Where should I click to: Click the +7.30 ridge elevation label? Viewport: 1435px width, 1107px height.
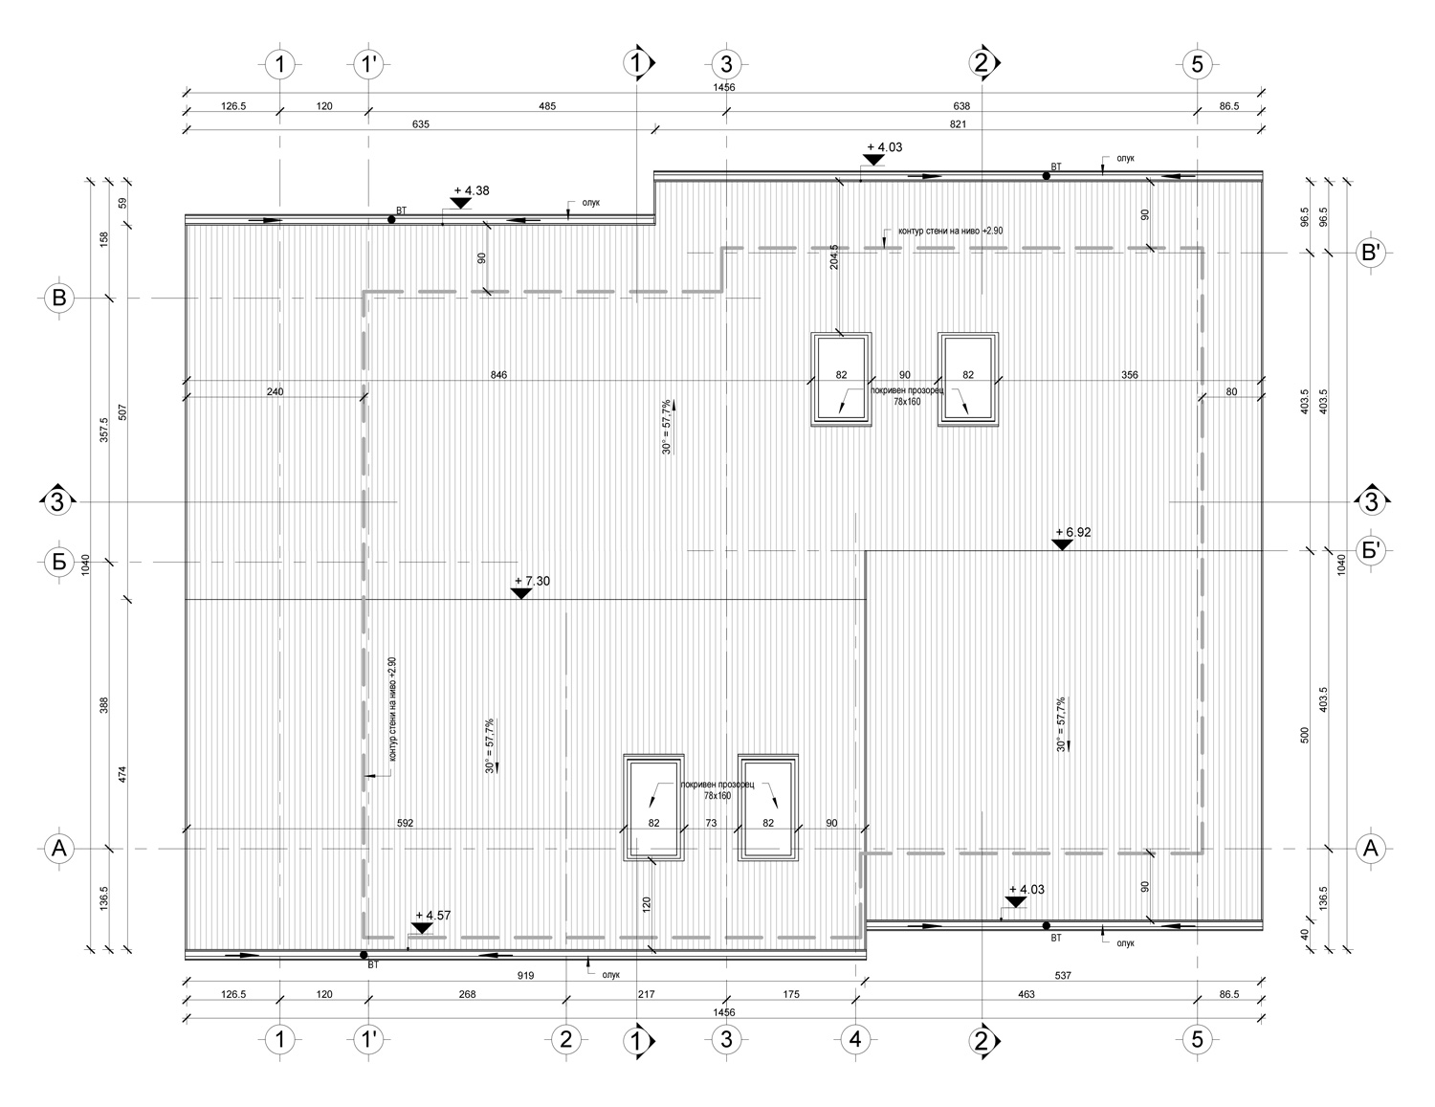(532, 581)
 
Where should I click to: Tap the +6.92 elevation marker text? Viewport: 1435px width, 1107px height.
(1073, 532)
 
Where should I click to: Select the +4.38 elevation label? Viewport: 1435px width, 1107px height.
(472, 191)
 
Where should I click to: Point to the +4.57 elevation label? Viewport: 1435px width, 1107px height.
(433, 916)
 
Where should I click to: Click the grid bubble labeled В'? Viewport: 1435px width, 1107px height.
(1370, 253)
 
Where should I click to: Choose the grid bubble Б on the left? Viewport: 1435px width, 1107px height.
(58, 562)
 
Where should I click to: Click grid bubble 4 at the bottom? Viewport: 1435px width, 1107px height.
(855, 1040)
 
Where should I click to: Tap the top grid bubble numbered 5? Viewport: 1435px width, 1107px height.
(1197, 65)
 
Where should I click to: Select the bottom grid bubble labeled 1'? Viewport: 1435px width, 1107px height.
(368, 1040)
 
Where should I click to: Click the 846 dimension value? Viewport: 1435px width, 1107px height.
(498, 375)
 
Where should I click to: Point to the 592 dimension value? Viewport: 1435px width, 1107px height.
(405, 823)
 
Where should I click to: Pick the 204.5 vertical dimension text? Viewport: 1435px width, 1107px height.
(834, 257)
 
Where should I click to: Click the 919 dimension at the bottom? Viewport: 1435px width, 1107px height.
(525, 976)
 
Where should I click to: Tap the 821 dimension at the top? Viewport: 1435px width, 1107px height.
(958, 124)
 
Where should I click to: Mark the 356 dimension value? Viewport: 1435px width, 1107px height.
(1130, 375)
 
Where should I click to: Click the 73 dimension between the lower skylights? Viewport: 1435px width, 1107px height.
(711, 823)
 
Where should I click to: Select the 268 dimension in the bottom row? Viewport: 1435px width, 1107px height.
(467, 994)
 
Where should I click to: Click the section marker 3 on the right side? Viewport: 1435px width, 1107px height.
(1371, 502)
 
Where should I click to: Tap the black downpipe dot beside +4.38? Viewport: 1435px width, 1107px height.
(391, 219)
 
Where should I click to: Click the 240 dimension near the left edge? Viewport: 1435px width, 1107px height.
(275, 391)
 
